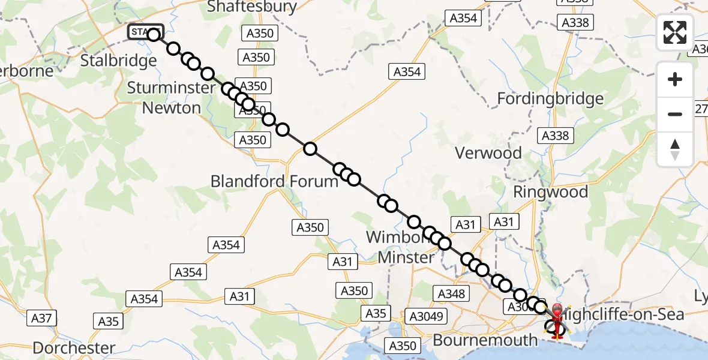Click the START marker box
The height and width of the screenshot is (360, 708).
(144, 32)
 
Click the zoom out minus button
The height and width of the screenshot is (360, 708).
(675, 114)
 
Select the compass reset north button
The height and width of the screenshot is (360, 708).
(675, 149)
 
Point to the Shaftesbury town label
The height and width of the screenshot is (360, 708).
(252, 7)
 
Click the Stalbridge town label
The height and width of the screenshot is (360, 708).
(118, 61)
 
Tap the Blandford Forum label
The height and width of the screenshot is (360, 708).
(274, 181)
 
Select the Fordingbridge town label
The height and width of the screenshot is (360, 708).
(550, 98)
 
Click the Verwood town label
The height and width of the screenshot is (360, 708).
(488, 153)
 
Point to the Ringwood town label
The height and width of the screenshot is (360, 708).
(550, 192)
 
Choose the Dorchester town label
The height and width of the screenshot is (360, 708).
(74, 347)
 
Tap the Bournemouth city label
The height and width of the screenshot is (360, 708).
(485, 340)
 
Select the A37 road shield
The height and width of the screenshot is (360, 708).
(41, 319)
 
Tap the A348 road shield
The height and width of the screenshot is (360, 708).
(451, 294)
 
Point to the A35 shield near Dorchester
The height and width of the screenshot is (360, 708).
(109, 322)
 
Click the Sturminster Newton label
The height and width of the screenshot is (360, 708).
(171, 98)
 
